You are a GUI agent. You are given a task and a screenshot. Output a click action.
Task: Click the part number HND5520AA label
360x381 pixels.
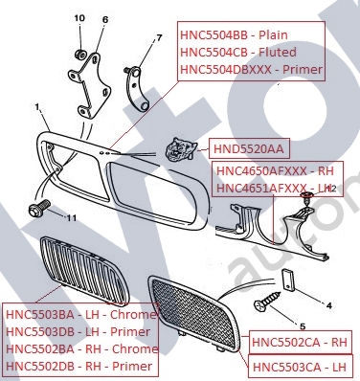pos(249,148)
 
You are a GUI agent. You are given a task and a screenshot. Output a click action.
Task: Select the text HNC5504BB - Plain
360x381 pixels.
pos(234,34)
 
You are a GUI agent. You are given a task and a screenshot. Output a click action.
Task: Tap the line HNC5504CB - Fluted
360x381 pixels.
pos(238,52)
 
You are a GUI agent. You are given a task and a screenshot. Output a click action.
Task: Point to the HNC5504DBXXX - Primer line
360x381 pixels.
pos(252,69)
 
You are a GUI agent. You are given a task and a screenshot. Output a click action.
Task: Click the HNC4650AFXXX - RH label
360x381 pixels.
pos(275,170)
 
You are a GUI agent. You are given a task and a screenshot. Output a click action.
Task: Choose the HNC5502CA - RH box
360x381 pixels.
pos(299,342)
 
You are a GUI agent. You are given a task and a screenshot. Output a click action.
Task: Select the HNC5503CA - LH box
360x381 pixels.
pos(300,367)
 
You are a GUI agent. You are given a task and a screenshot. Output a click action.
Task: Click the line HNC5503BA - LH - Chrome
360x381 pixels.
pos(81,315)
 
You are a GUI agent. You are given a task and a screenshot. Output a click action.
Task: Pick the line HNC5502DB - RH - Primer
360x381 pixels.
pos(79,367)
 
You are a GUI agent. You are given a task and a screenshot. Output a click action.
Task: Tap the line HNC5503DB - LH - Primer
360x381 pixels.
pos(78,332)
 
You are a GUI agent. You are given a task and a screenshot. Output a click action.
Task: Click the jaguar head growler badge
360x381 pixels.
pos(179,148)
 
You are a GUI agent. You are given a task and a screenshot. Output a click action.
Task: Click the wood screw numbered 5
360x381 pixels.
pos(267,301)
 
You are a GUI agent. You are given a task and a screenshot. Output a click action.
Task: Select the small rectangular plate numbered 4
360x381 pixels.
pos(288,280)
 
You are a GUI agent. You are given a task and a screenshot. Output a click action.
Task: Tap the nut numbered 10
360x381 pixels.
pos(81,55)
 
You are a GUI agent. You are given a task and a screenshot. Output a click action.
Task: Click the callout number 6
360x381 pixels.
pos(105,20)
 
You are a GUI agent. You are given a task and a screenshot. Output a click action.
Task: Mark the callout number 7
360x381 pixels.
pos(159,38)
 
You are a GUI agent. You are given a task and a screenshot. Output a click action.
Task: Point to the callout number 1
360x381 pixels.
pos(37,107)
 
